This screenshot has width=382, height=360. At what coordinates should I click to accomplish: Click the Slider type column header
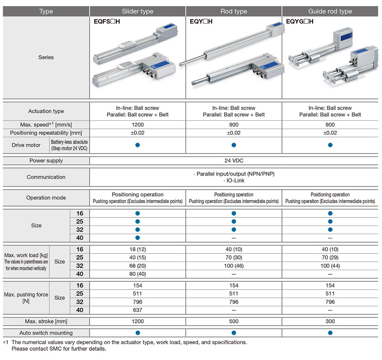pyautogui.click(x=138, y=11)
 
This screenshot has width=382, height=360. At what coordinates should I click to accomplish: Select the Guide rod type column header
pyautogui.click(x=330, y=11)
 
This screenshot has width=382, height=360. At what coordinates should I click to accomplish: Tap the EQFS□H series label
pyautogui.click(x=107, y=22)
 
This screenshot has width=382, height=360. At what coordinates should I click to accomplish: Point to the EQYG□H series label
pyautogui.click(x=299, y=22)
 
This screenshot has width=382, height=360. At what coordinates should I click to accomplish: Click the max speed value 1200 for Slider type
pyautogui.click(x=138, y=125)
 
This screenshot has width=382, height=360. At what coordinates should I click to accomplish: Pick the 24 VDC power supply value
pyautogui.click(x=234, y=161)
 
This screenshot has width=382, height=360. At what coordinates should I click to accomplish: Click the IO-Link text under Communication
pyautogui.click(x=234, y=180)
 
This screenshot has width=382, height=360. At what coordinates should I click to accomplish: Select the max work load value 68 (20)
pyautogui.click(x=138, y=266)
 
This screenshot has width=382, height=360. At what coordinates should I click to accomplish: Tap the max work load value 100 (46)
pyautogui.click(x=234, y=266)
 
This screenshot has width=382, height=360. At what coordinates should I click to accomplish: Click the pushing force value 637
pyautogui.click(x=138, y=310)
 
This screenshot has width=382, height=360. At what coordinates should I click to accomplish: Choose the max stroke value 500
pyautogui.click(x=234, y=321)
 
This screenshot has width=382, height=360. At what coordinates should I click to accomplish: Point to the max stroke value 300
pyautogui.click(x=330, y=321)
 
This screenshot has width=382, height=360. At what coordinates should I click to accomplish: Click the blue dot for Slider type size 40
pyautogui.click(x=138, y=238)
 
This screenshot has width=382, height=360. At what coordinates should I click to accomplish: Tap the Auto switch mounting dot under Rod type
pyautogui.click(x=234, y=333)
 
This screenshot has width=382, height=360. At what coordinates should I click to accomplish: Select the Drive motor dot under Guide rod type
pyautogui.click(x=330, y=145)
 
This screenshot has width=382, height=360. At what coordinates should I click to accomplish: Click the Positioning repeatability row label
pyautogui.click(x=46, y=133)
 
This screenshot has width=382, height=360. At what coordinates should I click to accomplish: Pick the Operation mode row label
pyautogui.click(x=46, y=198)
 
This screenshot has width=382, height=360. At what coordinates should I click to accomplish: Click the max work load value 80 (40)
pyautogui.click(x=138, y=274)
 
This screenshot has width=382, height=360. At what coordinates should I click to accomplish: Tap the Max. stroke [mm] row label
pyautogui.click(x=46, y=321)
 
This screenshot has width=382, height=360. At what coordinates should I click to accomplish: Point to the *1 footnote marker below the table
pyautogui.click(x=5, y=342)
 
